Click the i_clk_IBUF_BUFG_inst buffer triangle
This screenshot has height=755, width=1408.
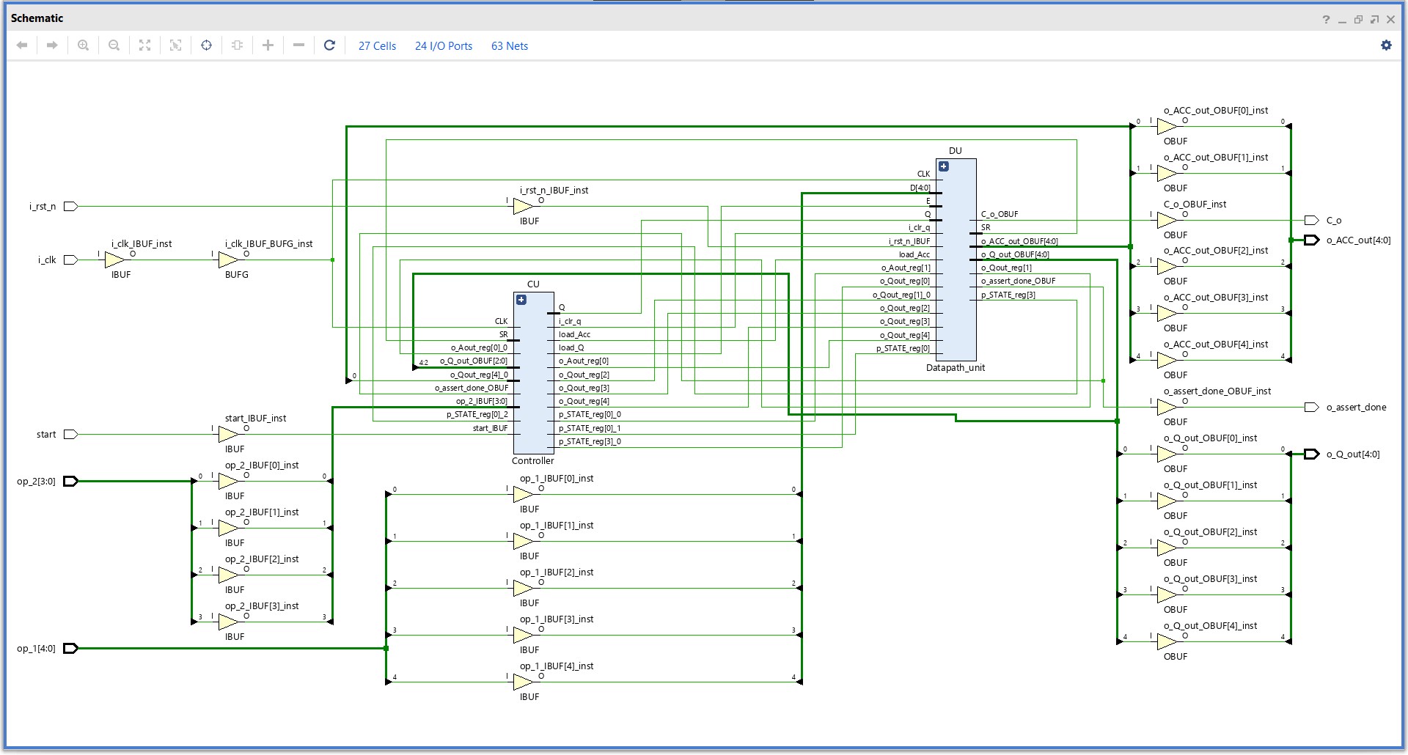click(228, 260)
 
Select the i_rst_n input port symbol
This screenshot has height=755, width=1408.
click(70, 207)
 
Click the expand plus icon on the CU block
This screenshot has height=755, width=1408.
click(521, 300)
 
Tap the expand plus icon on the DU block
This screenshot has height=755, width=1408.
click(944, 166)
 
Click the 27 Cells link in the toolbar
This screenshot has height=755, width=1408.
click(377, 46)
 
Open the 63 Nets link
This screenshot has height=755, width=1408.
click(510, 46)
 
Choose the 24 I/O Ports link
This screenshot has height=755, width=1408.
click(444, 46)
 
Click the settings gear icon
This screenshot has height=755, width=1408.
click(1386, 45)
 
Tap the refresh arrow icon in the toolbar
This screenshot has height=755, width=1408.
click(329, 45)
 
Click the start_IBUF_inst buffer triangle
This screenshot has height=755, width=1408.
click(228, 435)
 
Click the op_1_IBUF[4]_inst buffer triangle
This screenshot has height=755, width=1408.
click(523, 682)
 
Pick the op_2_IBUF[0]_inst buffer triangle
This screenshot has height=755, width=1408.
click(228, 482)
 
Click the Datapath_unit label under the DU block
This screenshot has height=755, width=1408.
click(955, 368)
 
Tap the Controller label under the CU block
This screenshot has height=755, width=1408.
click(532, 461)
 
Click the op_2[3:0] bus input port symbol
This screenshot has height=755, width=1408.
click(70, 482)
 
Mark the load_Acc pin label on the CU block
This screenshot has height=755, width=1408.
click(574, 335)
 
